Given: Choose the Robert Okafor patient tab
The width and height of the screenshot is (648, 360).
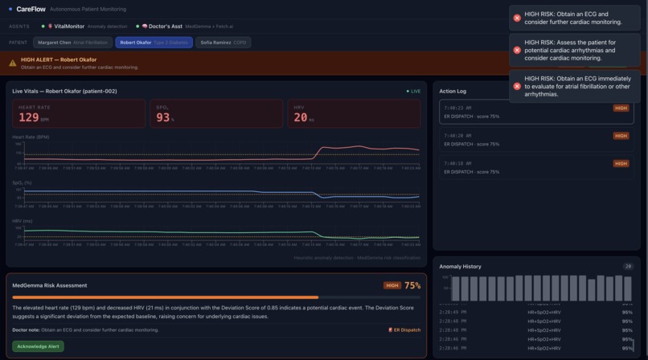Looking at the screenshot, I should (154, 43).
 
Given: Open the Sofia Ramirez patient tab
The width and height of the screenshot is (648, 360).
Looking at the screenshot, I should (223, 43).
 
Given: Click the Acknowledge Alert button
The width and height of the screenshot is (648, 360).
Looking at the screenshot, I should (39, 346).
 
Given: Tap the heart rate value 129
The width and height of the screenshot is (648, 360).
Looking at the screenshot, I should (29, 117).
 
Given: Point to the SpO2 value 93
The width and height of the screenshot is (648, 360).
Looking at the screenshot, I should (163, 117).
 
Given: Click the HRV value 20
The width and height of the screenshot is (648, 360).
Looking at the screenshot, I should (301, 117).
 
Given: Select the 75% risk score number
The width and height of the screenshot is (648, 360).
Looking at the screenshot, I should (412, 285).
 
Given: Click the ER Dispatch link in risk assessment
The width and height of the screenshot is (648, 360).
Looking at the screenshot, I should (404, 330).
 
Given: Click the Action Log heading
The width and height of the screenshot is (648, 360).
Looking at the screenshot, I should (453, 91).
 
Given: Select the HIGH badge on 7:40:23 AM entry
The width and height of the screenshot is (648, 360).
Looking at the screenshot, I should (621, 108).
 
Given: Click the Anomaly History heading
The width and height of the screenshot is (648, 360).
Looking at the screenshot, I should (461, 266).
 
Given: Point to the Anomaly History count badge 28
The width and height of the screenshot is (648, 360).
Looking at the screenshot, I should (628, 266).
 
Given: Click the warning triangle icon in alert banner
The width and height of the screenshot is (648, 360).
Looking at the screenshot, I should (13, 63).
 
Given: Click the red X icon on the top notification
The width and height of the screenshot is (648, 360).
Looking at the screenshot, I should (517, 18).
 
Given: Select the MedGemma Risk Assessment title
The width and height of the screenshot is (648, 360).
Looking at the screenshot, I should (50, 285).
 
